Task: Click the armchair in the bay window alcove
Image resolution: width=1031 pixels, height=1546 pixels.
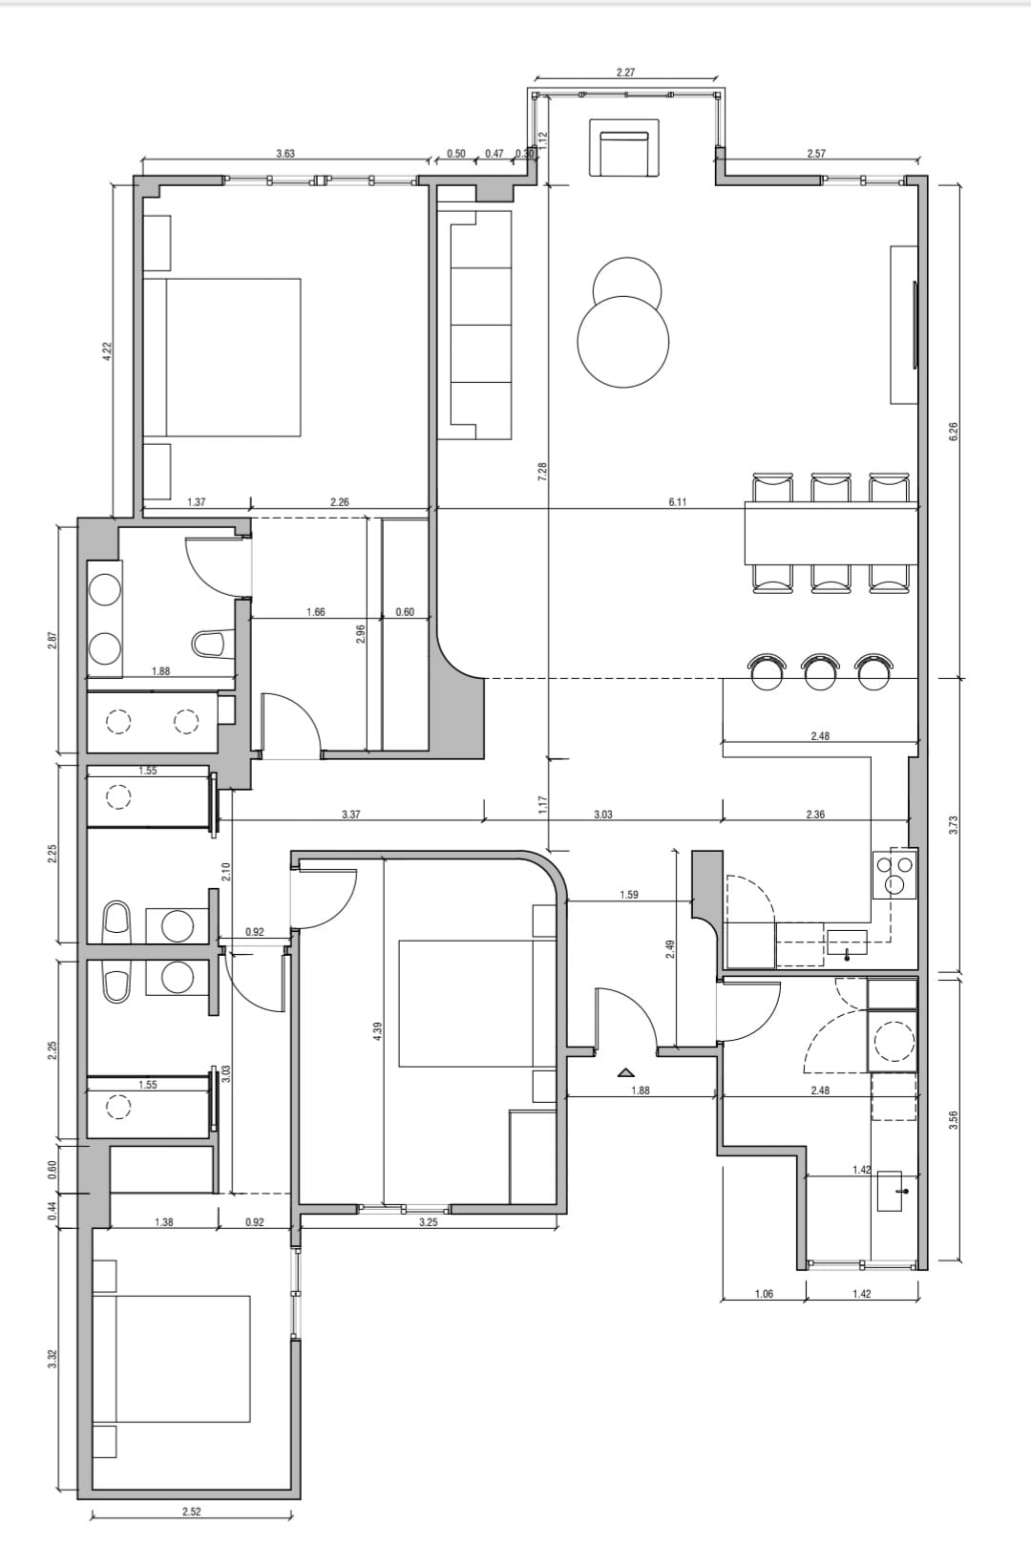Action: coord(623,148)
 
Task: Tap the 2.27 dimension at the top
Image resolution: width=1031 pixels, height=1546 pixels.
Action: coord(625,72)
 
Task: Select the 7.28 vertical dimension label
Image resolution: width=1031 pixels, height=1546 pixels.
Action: coord(542,472)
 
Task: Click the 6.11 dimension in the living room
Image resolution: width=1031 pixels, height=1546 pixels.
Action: coord(678,502)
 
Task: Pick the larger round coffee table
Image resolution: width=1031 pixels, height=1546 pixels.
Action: coord(623,342)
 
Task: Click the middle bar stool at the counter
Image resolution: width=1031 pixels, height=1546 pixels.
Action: coord(821,671)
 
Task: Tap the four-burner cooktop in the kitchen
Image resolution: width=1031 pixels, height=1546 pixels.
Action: coord(894,875)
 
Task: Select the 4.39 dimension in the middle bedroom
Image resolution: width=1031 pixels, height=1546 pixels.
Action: coord(376,1031)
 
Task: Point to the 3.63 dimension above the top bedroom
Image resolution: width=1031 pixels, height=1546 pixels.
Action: coord(285,153)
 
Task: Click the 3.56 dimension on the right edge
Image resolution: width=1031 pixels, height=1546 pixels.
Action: coord(954,1118)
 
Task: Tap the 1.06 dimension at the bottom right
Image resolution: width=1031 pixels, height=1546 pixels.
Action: coord(764,1294)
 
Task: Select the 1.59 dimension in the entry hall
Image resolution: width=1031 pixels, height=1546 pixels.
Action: coord(629,895)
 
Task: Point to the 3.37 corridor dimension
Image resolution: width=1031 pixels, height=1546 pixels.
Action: coord(351,815)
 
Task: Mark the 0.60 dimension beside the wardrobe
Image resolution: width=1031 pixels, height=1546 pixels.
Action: coord(405,611)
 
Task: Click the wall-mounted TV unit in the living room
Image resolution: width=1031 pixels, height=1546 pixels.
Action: coord(904,325)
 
